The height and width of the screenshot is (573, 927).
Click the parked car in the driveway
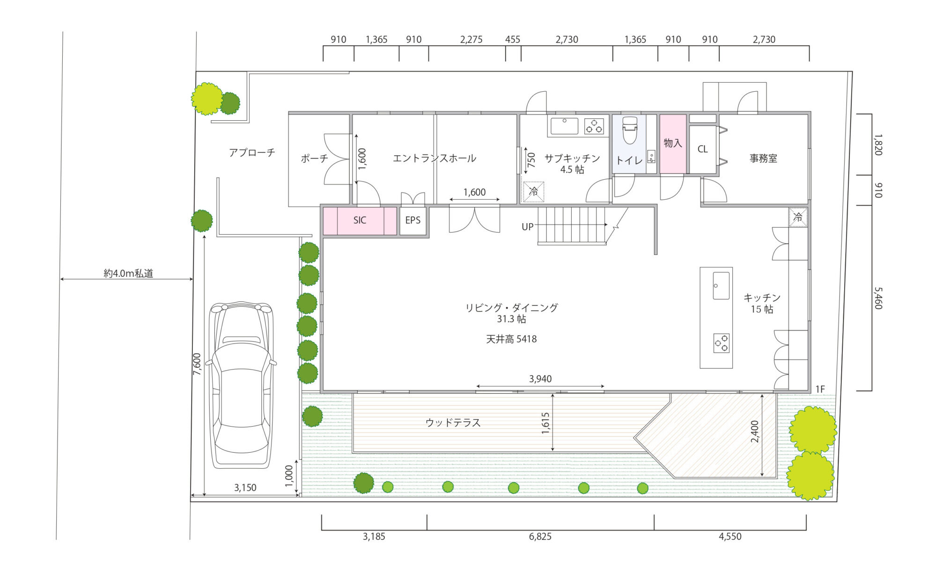click(x=242, y=385)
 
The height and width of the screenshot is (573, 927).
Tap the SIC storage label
click(x=360, y=220)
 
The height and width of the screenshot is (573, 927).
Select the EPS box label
click(x=412, y=220)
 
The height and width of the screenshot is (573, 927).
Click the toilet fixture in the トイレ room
click(x=630, y=130)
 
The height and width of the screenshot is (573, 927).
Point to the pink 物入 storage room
click(x=673, y=144)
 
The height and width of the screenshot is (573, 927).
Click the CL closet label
click(x=702, y=149)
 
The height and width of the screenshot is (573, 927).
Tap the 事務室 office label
click(x=763, y=159)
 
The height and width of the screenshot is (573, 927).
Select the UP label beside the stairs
click(x=528, y=227)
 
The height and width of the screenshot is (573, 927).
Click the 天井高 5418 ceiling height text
click(x=511, y=339)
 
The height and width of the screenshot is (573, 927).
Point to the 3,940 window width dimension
click(x=540, y=379)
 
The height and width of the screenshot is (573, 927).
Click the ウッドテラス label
click(x=453, y=423)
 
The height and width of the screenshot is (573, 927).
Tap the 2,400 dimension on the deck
click(x=755, y=432)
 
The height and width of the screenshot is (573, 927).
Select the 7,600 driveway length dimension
click(x=197, y=364)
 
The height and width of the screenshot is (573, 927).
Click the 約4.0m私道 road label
click(x=128, y=274)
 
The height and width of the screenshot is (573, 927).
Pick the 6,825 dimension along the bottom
click(x=540, y=537)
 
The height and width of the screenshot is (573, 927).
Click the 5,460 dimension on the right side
click(x=878, y=298)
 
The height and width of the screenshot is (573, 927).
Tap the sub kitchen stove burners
click(x=594, y=126)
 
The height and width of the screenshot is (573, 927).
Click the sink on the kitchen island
click(x=721, y=285)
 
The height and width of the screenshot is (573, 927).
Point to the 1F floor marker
click(x=820, y=389)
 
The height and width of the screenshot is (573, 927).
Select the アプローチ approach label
click(x=252, y=152)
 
